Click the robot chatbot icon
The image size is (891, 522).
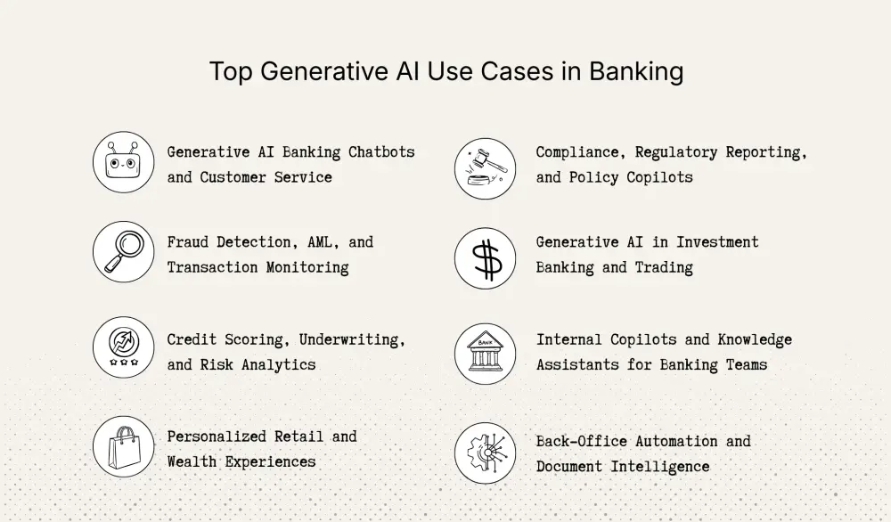click(x=124, y=162)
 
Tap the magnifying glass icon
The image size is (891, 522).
click(x=124, y=251)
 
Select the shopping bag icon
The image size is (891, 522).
click(x=124, y=446)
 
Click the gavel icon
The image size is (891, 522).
click(x=485, y=168)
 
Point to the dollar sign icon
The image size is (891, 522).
click(x=485, y=258)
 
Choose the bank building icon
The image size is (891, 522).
click(x=485, y=354)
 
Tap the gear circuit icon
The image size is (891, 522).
click(x=485, y=453)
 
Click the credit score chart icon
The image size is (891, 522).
click(x=124, y=347)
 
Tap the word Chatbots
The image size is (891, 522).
click(x=381, y=151)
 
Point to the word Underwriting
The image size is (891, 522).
click(x=352, y=339)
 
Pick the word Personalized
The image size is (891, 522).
click(x=217, y=436)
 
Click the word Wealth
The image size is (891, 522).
click(x=192, y=461)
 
